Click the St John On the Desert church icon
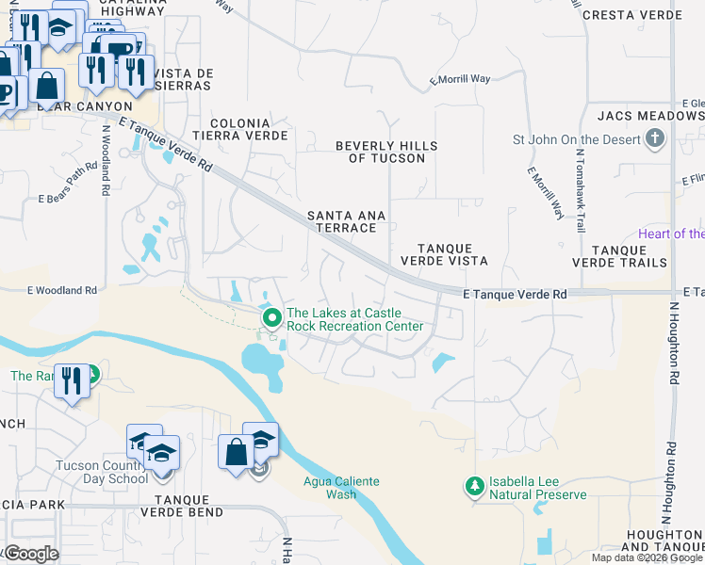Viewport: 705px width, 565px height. pos(655,140)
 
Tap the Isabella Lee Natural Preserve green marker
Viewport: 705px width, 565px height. pos(474,487)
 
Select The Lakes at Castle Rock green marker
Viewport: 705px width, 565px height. pos(272,318)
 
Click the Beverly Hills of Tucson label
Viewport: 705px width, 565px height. pos(387,152)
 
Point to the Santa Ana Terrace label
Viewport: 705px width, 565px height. pos(347,221)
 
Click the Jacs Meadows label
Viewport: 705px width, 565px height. pos(650,116)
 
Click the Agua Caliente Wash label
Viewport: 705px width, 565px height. pos(341,487)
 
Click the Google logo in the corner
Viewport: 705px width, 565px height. pos(30,554)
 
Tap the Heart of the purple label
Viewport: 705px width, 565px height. pos(670,234)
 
